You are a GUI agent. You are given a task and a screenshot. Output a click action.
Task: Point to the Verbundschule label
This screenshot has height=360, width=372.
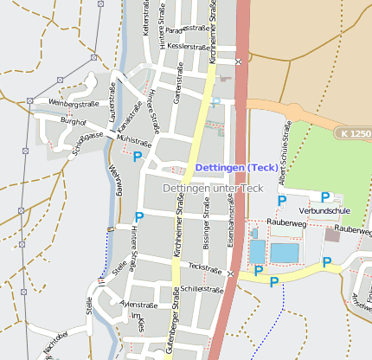click(x=324, y=210)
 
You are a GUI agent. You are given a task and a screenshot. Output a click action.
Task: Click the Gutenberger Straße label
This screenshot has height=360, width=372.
click(x=176, y=327)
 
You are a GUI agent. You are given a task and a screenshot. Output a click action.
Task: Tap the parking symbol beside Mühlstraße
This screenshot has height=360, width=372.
click(x=137, y=157)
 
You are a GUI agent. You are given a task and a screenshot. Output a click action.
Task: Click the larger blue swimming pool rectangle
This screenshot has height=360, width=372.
click(x=284, y=253)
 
